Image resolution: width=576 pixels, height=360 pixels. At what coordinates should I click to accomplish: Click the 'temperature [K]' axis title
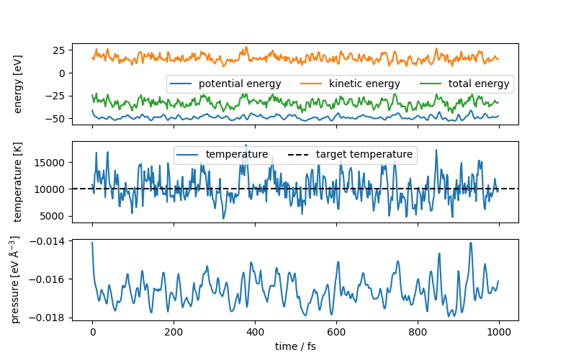(x=19, y=182)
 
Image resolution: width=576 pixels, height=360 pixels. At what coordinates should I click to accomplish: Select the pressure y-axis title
(x=16, y=279)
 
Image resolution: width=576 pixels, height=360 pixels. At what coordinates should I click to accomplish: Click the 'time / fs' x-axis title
(x=295, y=346)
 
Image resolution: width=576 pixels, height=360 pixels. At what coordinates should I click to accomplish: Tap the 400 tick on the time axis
(x=255, y=333)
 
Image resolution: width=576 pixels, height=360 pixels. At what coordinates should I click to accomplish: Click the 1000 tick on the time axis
(x=499, y=333)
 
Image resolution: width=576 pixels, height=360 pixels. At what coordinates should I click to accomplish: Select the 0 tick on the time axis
(x=92, y=333)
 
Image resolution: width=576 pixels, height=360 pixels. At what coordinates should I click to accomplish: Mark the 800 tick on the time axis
(x=418, y=333)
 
